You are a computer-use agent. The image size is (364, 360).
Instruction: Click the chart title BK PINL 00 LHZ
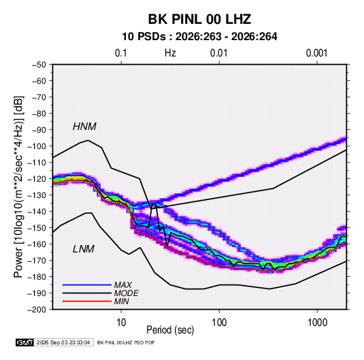click(199, 19)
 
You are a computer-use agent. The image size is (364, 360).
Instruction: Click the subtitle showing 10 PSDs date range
click(199, 37)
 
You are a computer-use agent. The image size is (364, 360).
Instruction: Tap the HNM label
click(84, 127)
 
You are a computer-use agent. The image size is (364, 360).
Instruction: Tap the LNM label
click(84, 249)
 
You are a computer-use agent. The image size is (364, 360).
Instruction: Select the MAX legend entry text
click(122, 284)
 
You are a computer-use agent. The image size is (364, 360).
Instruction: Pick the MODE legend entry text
click(126, 293)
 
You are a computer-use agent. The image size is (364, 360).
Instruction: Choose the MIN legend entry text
click(121, 301)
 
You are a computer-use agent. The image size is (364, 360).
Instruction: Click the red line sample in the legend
click(87, 301)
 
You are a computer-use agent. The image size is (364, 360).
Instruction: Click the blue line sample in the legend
click(87, 285)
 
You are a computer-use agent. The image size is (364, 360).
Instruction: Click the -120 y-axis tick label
click(37, 179)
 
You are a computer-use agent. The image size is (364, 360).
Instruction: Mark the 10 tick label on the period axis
click(121, 323)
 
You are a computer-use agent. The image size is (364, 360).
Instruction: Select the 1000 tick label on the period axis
click(317, 323)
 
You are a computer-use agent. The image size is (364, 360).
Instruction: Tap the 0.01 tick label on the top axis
click(218, 53)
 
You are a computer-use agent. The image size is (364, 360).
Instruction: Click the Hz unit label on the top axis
click(170, 53)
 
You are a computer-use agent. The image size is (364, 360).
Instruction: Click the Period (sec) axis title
click(170, 330)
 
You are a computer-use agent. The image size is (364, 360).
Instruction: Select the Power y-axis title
click(18, 187)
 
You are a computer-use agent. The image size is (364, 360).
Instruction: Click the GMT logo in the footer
click(25, 342)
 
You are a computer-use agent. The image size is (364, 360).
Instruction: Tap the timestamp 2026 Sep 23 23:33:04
click(63, 342)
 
